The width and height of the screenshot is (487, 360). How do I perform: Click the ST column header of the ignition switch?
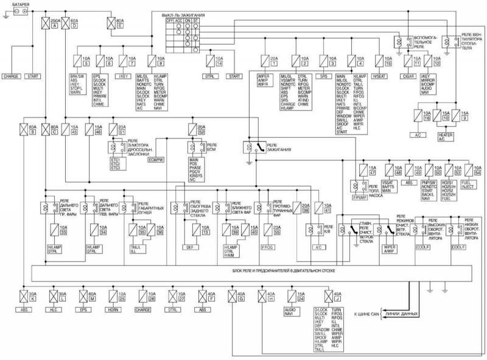[x=197, y=19]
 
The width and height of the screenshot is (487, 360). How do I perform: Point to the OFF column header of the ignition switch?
[x=170, y=19]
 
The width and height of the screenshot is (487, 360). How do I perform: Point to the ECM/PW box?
[x=157, y=159]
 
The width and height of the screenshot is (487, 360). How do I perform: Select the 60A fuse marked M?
[x=89, y=298]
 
